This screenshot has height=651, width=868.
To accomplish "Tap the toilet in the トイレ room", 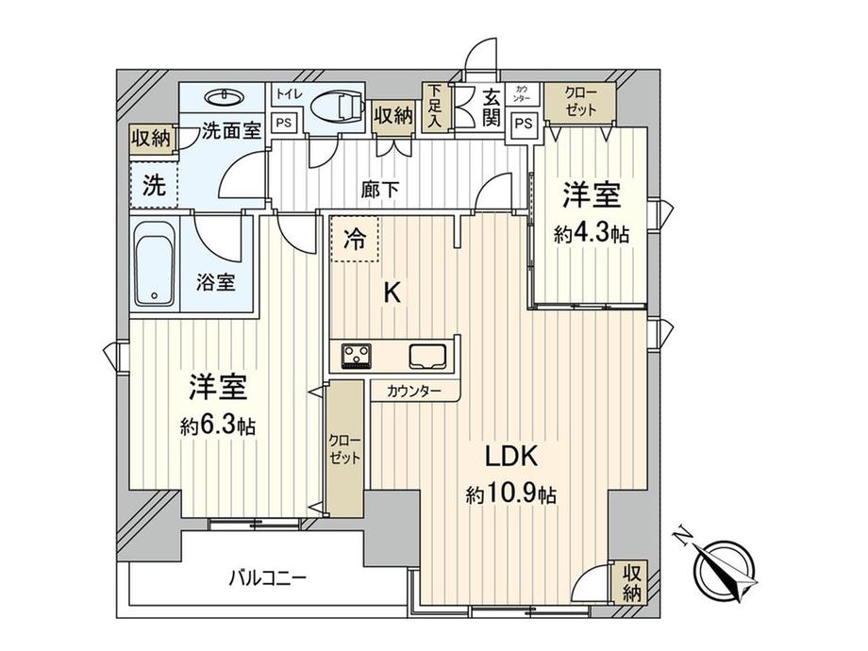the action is click(336, 106).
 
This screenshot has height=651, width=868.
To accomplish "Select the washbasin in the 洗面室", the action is click(224, 98).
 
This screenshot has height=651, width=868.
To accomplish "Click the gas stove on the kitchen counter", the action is click(357, 356).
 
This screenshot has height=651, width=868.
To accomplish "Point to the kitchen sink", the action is click(428, 356).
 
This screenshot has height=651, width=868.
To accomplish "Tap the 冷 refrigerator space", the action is click(355, 239).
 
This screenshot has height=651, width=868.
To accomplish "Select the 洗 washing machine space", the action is click(154, 185).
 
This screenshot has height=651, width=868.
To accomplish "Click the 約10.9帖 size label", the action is click(511, 493).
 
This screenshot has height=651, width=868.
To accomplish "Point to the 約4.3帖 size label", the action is click(592, 234).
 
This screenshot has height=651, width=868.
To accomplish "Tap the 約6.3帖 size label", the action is click(218, 426).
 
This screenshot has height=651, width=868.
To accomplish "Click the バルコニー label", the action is click(268, 579).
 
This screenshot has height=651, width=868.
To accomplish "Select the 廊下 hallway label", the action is click(379, 190).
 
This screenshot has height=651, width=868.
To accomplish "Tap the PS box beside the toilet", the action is click(284, 123).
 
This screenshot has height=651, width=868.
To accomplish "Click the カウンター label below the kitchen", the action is click(414, 392).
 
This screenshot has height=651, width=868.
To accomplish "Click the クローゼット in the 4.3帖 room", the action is click(580, 103).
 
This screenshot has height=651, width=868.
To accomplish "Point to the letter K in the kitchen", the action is click(392, 292).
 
